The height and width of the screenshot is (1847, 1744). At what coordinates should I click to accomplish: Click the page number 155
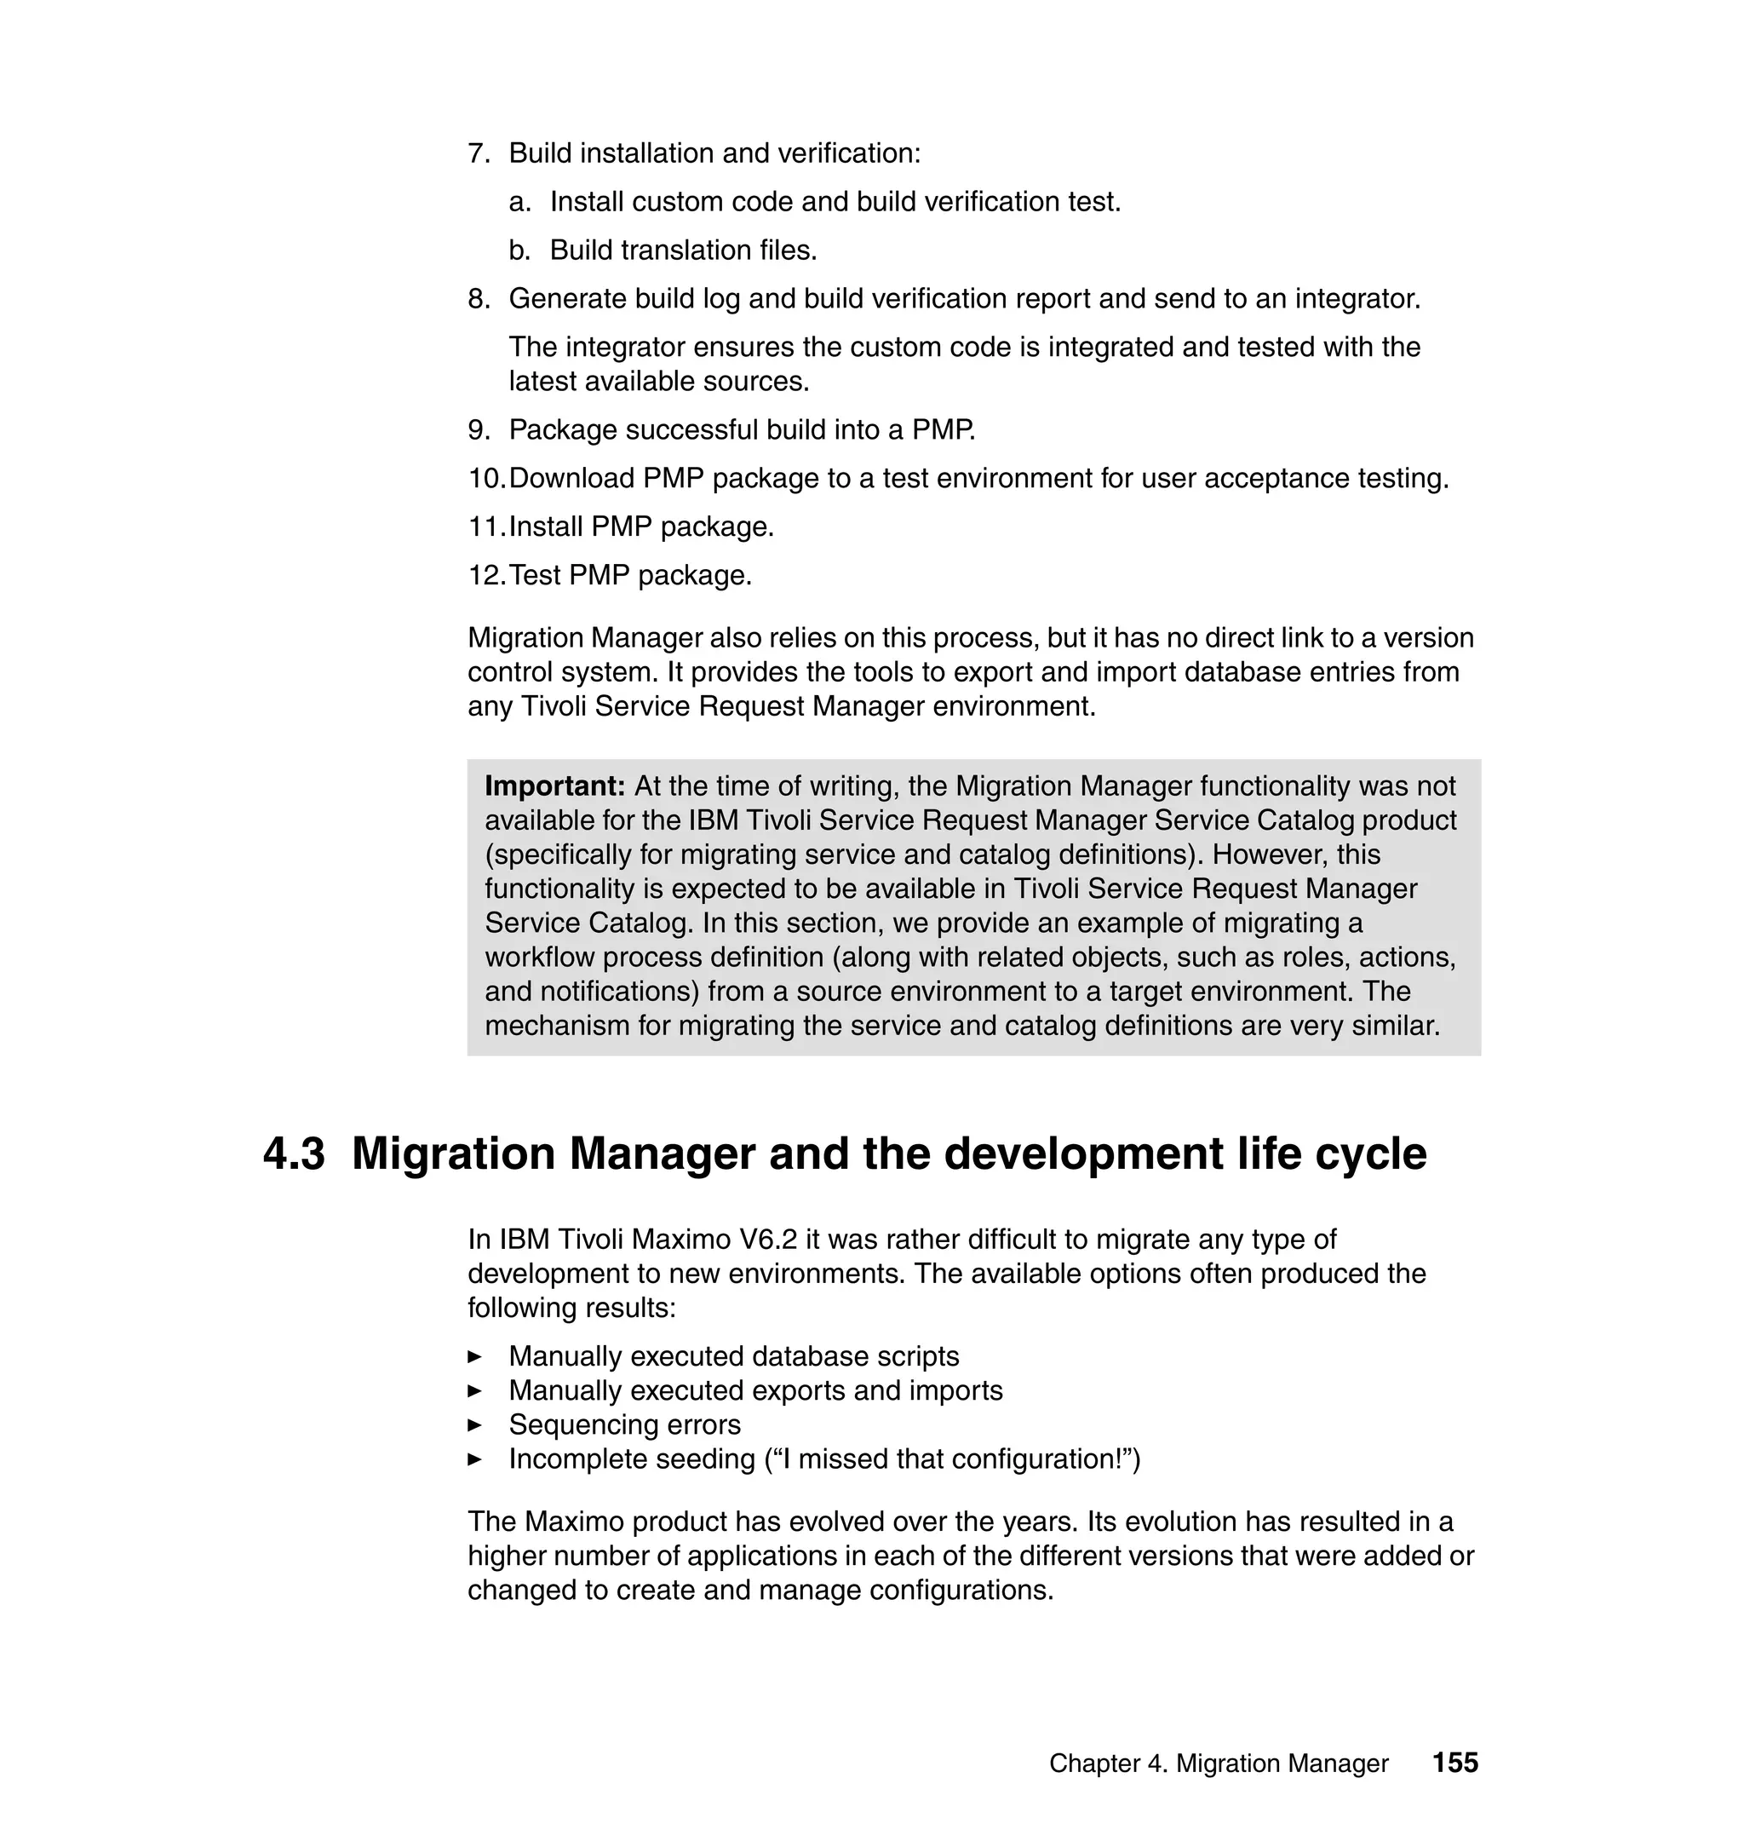tap(1454, 1763)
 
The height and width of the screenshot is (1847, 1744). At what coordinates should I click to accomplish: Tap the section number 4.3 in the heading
tap(294, 1154)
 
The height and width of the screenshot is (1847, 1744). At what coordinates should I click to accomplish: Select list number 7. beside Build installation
tap(478, 153)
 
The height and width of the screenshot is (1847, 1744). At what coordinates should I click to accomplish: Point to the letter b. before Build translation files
tap(519, 250)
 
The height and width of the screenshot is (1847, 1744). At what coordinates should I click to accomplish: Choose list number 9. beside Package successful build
tap(478, 429)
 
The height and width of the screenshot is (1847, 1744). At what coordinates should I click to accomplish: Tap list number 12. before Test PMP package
tap(485, 575)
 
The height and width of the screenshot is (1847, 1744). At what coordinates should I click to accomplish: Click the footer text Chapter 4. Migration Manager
tap(1218, 1764)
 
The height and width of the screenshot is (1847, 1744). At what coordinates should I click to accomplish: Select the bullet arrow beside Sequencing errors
tap(474, 1424)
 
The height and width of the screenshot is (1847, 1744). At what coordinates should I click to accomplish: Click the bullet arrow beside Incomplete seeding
tap(474, 1459)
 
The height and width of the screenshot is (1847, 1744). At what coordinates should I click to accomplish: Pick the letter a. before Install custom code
tap(519, 202)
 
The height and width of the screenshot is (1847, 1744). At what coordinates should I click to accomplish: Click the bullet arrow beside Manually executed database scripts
tap(474, 1357)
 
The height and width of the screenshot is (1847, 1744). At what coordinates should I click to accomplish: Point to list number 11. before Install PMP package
tap(485, 526)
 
